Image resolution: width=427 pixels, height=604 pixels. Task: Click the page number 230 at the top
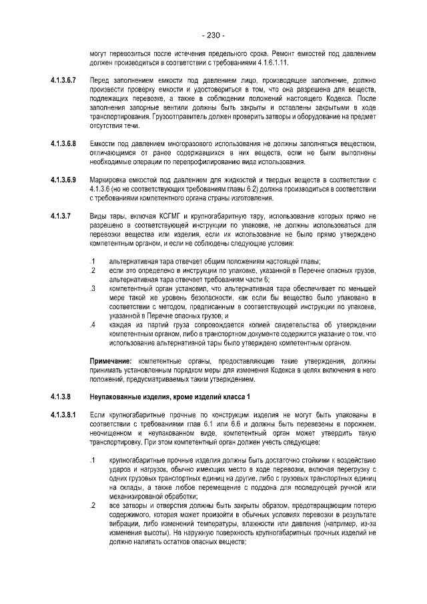tap(213, 35)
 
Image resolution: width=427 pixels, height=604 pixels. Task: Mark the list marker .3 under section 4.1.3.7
tap(93, 288)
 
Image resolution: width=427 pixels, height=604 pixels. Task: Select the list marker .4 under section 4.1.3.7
tap(93, 324)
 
